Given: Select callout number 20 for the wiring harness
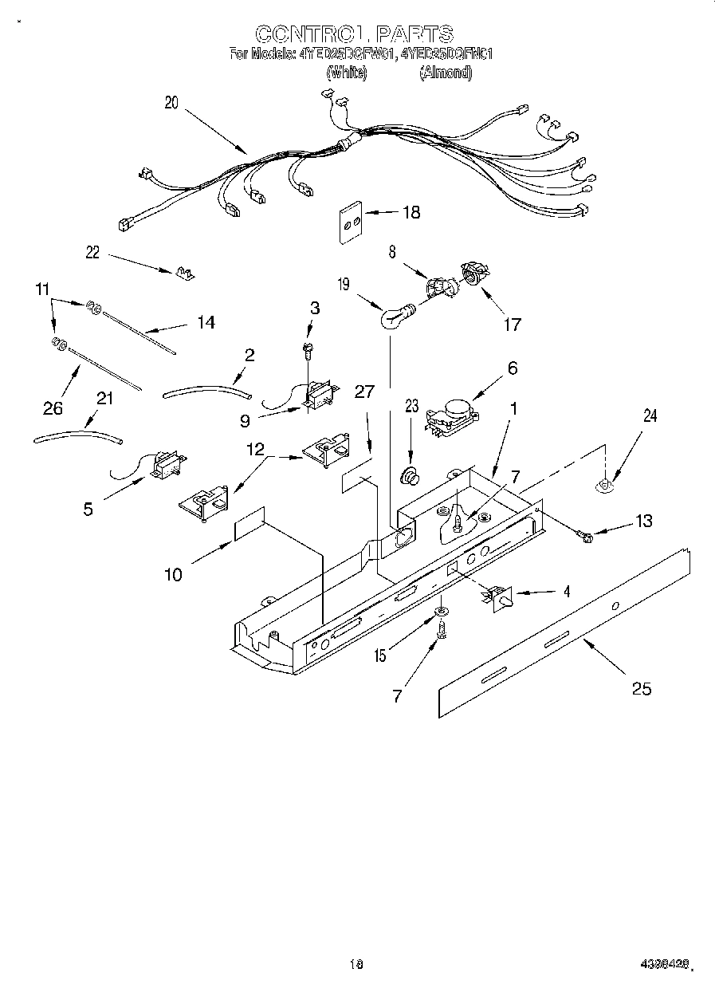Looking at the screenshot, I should coord(171,102).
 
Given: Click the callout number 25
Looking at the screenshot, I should coord(641,688).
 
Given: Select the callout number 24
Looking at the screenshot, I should coord(650,415).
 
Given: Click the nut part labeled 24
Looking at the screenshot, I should coord(606,483).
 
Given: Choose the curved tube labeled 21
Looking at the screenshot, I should coord(78,435).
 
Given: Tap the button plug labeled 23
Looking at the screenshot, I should coord(411,477).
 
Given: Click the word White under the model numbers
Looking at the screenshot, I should coord(347,72).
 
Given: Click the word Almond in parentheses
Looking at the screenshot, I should coord(445,72).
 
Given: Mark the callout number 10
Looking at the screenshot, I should coord(174,573).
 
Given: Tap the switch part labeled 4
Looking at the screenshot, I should coord(497,596).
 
